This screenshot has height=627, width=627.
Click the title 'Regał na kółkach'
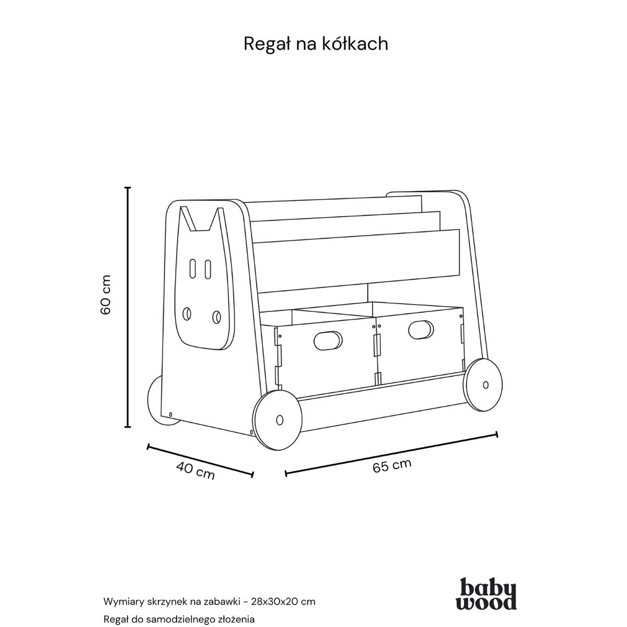316,44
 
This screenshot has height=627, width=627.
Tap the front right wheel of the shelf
484,385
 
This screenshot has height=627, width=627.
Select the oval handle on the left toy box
328,340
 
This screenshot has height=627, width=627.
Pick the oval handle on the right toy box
421,329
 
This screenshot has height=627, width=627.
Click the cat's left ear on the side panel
188,218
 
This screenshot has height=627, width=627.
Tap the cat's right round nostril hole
217,316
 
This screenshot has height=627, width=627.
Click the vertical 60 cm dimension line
128,307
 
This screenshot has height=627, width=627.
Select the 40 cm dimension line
201,460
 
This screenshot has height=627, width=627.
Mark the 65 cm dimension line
391,454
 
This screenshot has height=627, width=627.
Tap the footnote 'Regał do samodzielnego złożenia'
175,620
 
